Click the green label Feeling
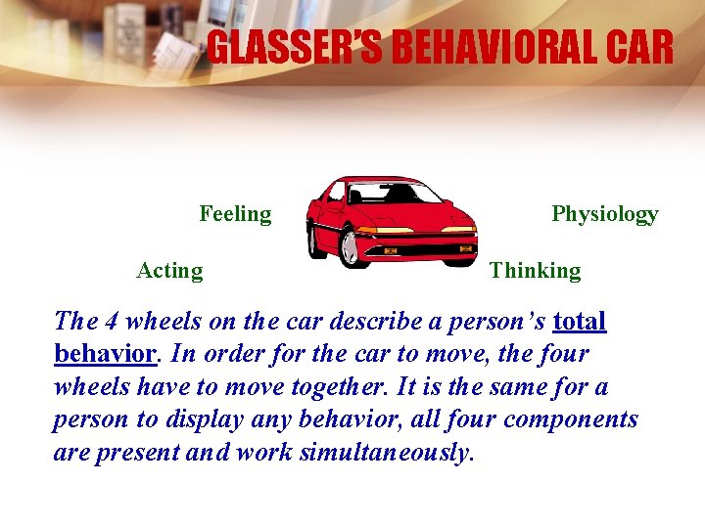[235, 213]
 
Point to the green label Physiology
[604, 213]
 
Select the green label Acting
[169, 271]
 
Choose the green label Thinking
[535, 271]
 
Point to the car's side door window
[338, 194]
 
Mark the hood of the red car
[416, 214]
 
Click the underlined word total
[580, 321]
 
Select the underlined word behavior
[104, 353]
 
